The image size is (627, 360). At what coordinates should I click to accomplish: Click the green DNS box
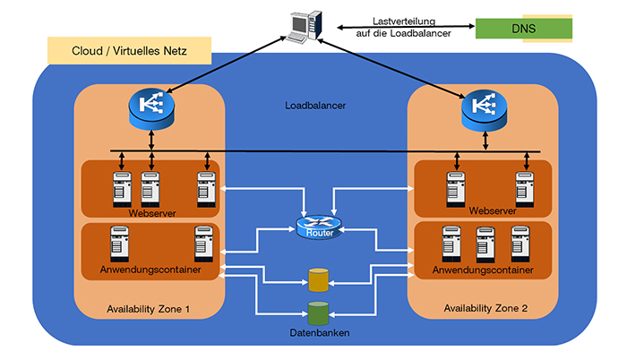point(523,28)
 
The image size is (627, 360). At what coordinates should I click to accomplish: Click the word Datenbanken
point(319,334)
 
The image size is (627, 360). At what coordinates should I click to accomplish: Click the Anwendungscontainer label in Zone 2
point(484,269)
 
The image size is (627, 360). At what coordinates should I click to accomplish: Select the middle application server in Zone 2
point(485,243)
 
